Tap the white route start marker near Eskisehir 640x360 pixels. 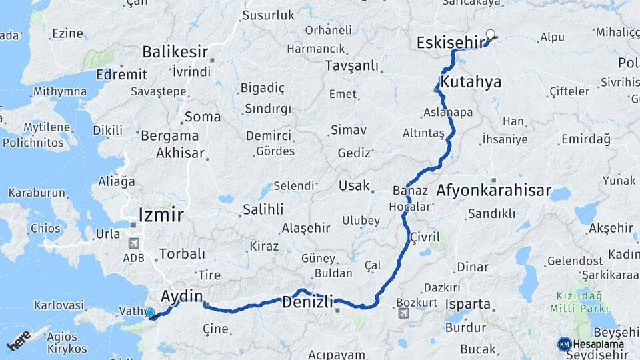pos(491,35)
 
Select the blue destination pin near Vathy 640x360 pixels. pos(150,313)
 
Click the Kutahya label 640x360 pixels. pos(471,83)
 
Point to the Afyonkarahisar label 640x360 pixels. pos(493,191)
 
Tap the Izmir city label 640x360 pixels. pos(161,215)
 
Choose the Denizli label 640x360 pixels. pos(307,301)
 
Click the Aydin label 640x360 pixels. pos(181,295)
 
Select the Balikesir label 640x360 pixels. pos(175,52)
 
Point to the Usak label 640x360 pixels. pos(354,185)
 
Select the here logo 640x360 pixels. pos(19,340)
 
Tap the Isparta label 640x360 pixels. pos(467,305)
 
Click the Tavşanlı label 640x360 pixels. pos(351,65)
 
